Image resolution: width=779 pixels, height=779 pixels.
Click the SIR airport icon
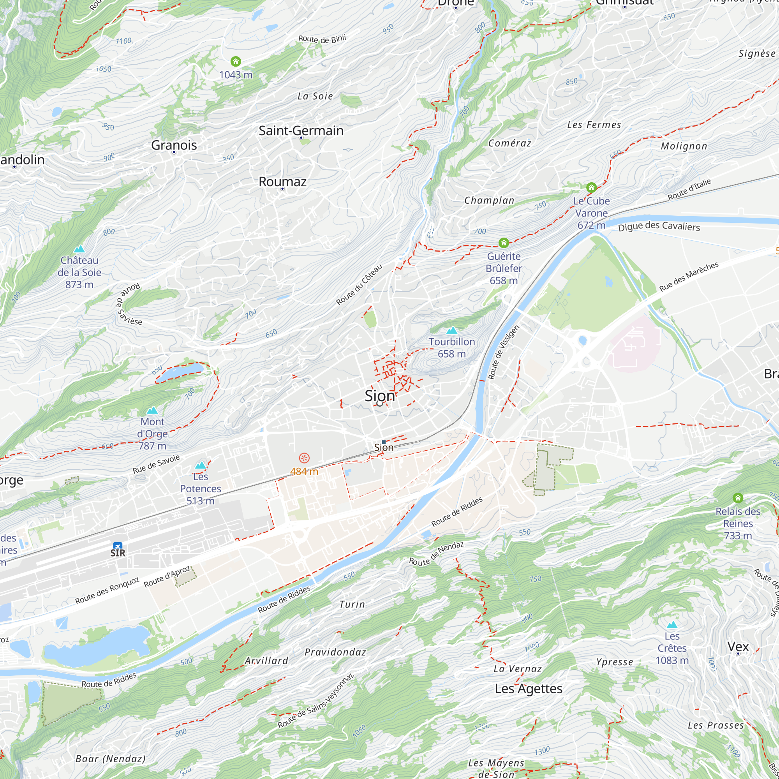click(117, 546)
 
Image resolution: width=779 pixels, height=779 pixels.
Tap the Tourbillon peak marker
click(451, 331)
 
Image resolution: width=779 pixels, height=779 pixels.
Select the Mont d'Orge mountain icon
click(152, 411)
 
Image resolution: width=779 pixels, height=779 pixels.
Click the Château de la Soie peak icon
click(79, 249)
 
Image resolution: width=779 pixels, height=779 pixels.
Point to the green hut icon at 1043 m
click(236, 61)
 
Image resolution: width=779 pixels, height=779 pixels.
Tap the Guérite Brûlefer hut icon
click(503, 243)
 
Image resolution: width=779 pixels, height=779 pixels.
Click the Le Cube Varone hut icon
click(591, 187)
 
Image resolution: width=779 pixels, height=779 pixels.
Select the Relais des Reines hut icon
click(737, 497)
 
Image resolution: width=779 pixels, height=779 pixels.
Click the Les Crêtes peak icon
click(672, 625)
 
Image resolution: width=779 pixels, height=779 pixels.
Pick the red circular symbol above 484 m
click(304, 458)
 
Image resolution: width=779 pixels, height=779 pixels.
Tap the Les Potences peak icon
click(200, 465)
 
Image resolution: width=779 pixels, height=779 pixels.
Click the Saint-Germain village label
click(301, 130)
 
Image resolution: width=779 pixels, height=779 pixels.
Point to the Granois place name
click(174, 145)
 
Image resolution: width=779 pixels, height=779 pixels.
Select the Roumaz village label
click(282, 182)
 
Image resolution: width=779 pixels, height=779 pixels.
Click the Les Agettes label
click(528, 689)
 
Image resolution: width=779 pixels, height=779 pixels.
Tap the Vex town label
click(738, 646)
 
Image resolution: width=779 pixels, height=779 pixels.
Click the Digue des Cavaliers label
click(659, 226)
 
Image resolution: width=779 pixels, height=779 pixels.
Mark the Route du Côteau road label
click(359, 285)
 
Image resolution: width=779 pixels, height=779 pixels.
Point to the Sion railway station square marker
click(383, 442)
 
